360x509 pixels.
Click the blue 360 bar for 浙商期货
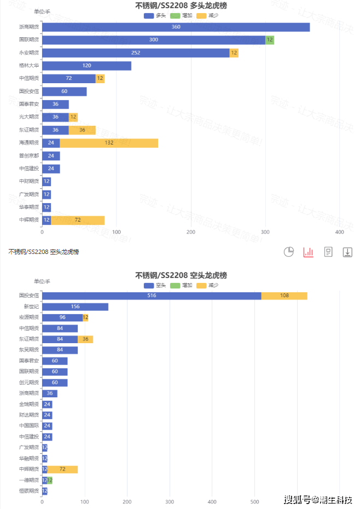176,27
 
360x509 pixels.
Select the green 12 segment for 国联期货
270,40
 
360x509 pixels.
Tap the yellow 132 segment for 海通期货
109,143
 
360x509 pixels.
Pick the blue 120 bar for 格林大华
86,66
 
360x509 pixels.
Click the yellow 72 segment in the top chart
78,220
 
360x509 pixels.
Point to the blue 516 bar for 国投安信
152,296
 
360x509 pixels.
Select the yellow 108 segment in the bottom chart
284,296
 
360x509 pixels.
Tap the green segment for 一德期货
50,480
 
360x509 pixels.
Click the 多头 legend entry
154,15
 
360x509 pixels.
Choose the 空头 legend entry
154,285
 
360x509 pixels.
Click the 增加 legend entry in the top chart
181,15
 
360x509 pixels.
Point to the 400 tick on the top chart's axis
340,232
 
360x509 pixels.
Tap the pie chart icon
289,252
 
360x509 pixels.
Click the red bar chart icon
309,252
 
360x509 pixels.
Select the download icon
347,252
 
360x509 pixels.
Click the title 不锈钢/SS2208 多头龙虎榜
181,5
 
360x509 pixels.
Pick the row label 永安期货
28,53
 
